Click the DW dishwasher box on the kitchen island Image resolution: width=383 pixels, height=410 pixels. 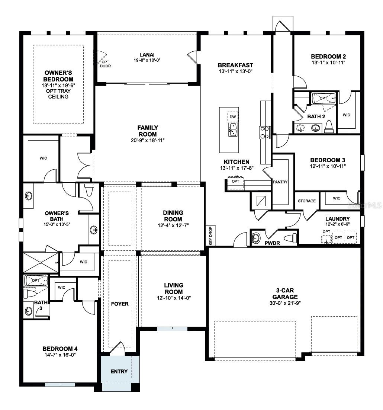coord(233,117)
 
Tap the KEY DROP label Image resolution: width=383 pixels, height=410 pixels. coord(210,236)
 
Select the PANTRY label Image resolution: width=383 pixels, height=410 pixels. coord(280,182)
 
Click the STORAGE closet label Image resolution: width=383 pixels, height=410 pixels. coord(307,201)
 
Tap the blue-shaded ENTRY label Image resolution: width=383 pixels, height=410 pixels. coord(119,371)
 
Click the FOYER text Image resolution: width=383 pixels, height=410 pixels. coord(120,304)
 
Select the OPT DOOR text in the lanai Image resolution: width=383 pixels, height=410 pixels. coord(105,64)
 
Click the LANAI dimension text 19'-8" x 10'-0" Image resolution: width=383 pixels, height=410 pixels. coord(147,60)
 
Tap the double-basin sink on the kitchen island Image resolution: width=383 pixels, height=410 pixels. coord(233,131)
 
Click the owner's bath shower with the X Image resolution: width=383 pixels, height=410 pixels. coord(41,263)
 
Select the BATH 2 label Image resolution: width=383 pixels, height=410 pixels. coord(316,117)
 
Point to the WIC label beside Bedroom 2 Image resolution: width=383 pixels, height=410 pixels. coord(346,115)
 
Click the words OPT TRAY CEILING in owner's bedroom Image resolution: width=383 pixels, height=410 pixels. coord(58,94)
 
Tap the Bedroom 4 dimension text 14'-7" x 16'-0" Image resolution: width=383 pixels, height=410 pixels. coord(60,355)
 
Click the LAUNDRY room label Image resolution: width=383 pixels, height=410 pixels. coord(337,219)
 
